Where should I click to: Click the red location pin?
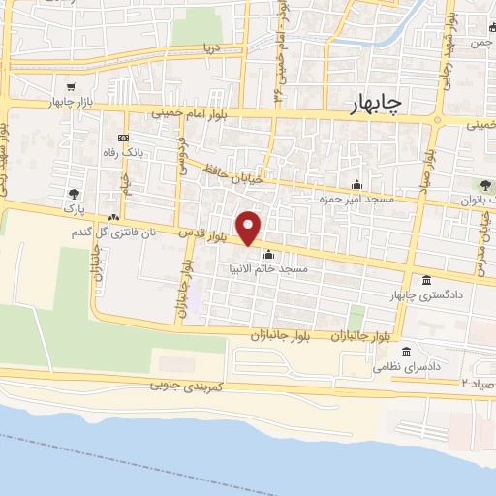tap(249, 228)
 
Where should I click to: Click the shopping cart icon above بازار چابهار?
tap(69, 86)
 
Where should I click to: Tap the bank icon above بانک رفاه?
tap(122, 138)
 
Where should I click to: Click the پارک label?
tap(75, 208)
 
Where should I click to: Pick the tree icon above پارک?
tap(75, 193)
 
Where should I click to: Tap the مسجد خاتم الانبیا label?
tap(268, 268)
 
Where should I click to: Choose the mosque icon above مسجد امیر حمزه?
tap(356, 185)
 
